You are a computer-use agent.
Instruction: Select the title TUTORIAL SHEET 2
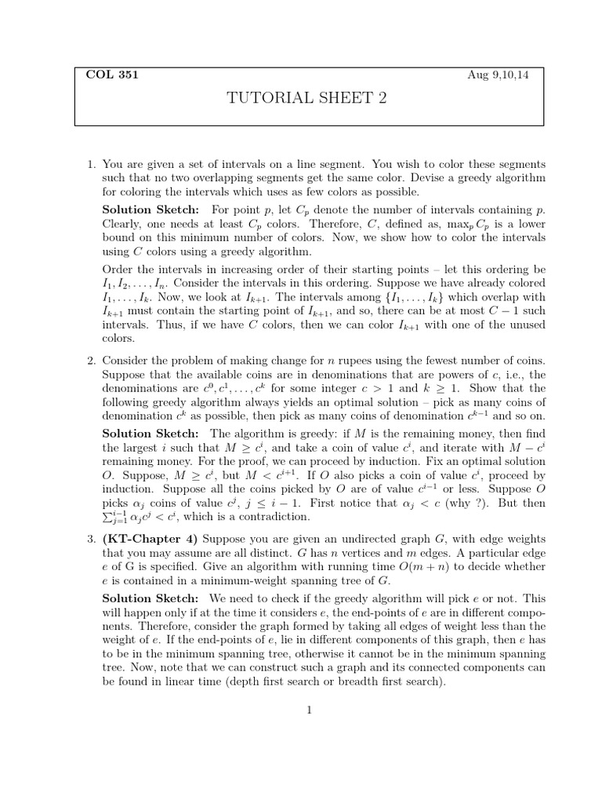[x=306, y=98]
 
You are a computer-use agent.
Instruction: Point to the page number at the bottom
[x=310, y=710]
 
